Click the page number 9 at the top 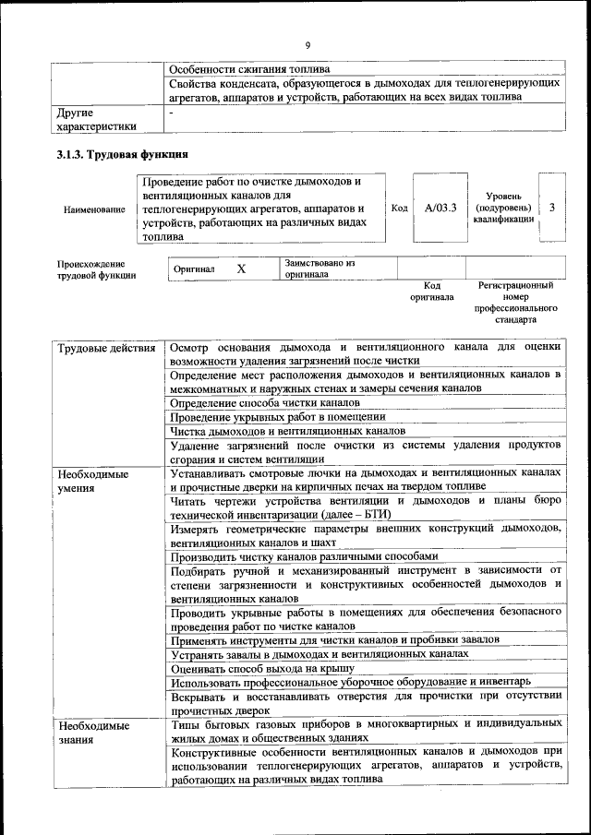pos(308,43)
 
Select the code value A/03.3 pos(440,209)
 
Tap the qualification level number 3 pos(551,209)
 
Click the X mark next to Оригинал pos(242,268)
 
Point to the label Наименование pos(94,209)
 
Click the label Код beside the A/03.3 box pos(399,209)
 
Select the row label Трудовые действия pos(106,348)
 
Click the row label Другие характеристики pos(97,119)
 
